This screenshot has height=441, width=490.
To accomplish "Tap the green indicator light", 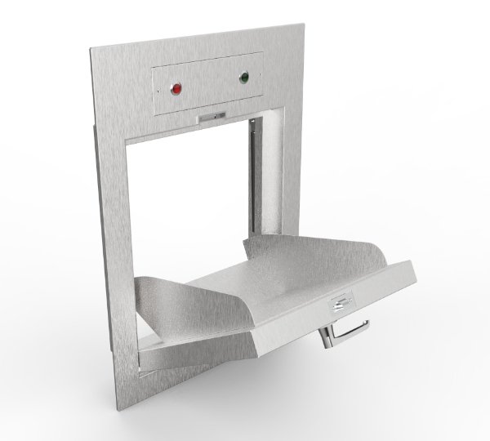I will click(243, 78).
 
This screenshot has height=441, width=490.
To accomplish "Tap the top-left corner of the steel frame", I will click(91, 51).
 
